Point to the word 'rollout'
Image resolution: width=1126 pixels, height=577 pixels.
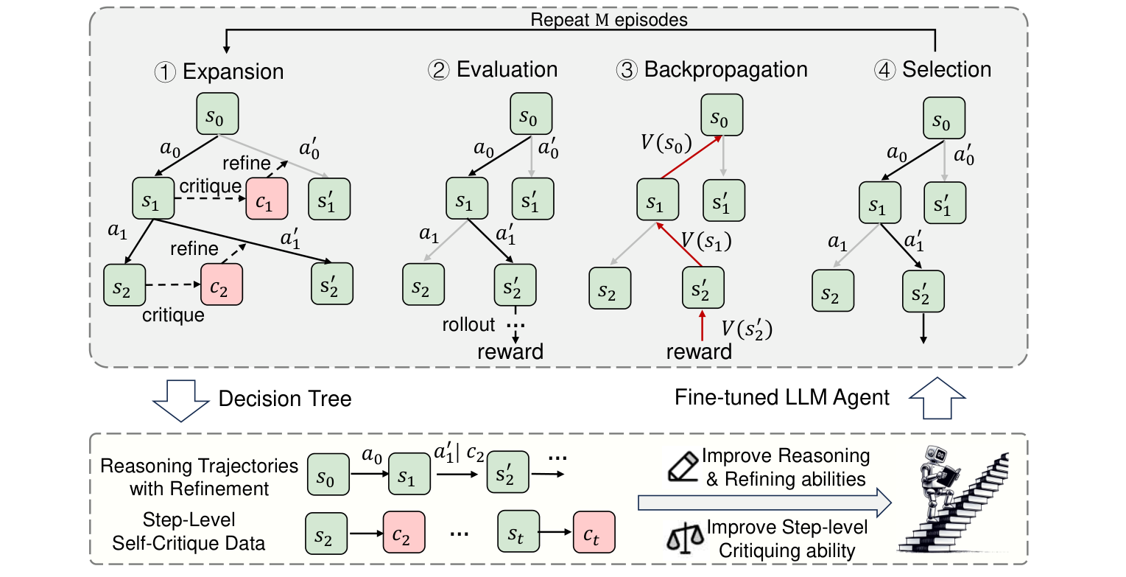[x=469, y=324]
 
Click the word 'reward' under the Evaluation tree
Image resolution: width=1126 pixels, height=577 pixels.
[x=510, y=352]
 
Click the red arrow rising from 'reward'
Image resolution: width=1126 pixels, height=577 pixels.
[x=702, y=326]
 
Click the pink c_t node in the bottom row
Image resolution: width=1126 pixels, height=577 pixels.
[x=593, y=533]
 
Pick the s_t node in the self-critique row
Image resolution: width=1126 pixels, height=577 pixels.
[x=519, y=533]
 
